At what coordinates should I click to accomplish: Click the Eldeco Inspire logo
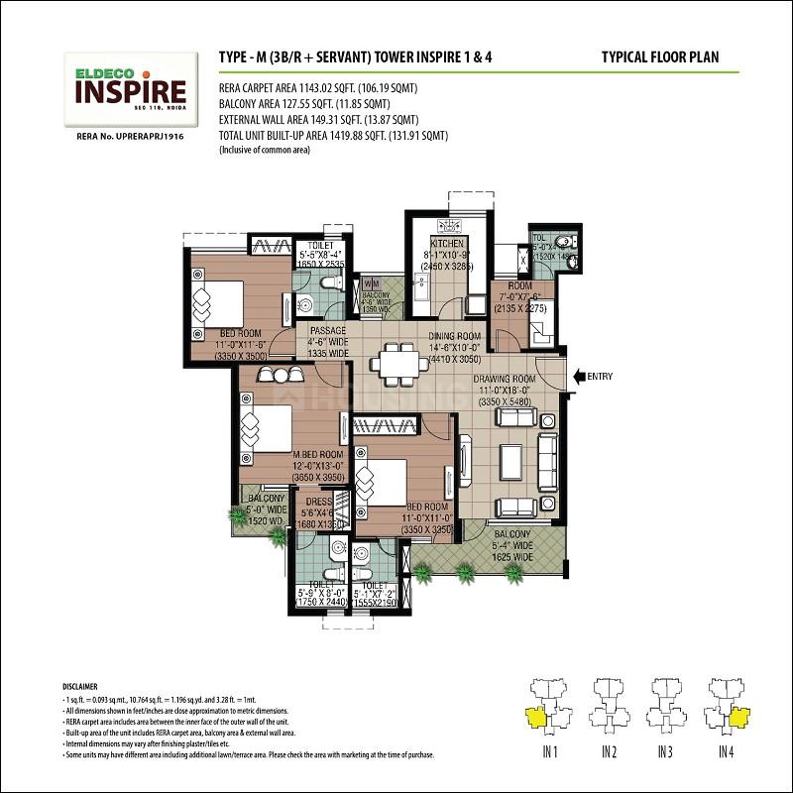pos(127,87)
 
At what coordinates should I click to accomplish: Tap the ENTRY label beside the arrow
pos(601,377)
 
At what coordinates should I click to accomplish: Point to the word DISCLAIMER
pos(80,686)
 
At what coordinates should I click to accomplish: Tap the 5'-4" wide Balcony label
pos(512,545)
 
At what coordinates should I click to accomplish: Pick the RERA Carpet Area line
pos(317,88)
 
